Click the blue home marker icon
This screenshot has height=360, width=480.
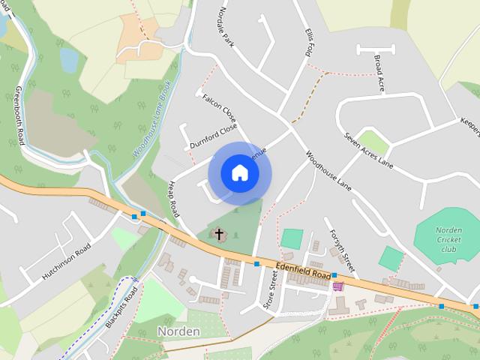pos(239,173)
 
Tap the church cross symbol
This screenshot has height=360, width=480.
pos(220,235)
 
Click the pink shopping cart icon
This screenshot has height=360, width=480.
pos(338,286)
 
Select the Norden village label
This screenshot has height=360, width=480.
pos(178,331)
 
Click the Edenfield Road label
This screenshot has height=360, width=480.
pos(303,270)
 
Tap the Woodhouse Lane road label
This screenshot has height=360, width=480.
pos(328,171)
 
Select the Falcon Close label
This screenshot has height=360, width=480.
pos(219,109)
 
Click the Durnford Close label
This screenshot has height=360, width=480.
pos(213,135)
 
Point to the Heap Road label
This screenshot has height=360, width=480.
pos(174,199)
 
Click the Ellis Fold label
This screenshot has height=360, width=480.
pos(309,42)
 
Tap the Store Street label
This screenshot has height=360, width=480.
pos(271,294)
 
